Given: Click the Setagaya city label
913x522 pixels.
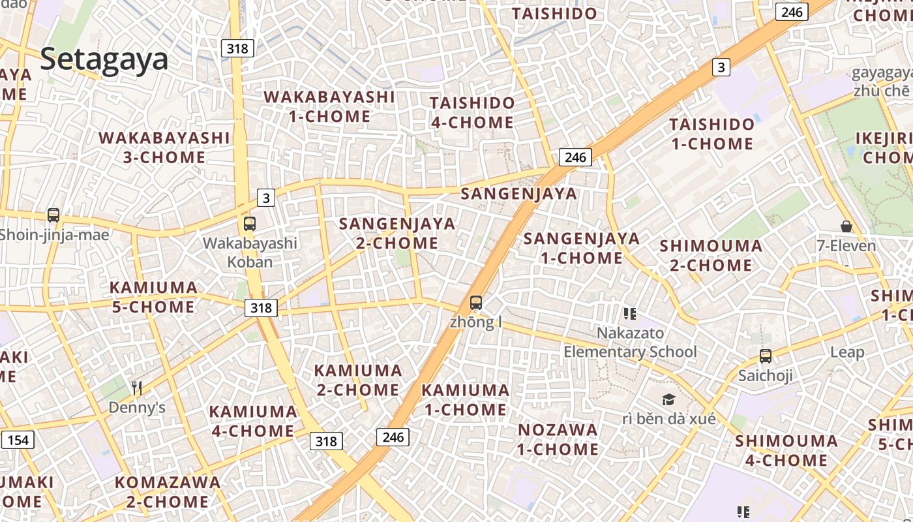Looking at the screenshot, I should pos(104,59).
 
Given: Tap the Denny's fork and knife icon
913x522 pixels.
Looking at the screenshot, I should pos(137,388).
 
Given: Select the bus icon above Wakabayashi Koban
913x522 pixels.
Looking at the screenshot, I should pos(249,224).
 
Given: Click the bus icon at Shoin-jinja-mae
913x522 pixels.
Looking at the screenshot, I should pos(53,215).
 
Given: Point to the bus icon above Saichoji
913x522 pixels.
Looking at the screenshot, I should pos(766,356).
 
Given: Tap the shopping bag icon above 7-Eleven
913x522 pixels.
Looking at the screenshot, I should pos(846,226).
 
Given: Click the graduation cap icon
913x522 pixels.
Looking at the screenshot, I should pos(668,399).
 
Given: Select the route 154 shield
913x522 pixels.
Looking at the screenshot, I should pos(18,440).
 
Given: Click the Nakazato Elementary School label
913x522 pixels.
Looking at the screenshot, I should pos(630,343).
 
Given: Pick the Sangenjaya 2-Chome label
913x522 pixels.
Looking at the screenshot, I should pos(397,233).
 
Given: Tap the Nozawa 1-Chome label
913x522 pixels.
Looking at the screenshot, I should pos(558,439).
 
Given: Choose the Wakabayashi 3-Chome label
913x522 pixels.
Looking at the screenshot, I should pos(164,147).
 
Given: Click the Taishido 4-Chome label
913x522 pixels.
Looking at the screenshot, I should pos(472,112).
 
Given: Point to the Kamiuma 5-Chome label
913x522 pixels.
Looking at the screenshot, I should pos(153,297).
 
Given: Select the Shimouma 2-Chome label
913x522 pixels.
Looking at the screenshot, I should pos(711,255).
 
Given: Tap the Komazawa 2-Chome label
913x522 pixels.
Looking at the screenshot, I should pos(168,492).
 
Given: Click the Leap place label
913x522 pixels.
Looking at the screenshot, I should pos(846,352).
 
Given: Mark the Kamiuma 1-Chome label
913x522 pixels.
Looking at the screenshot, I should pos(465,400).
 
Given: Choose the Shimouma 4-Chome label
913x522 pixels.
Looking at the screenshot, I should pos(786,450).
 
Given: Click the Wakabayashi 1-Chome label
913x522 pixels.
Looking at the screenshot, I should pos(329,107).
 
